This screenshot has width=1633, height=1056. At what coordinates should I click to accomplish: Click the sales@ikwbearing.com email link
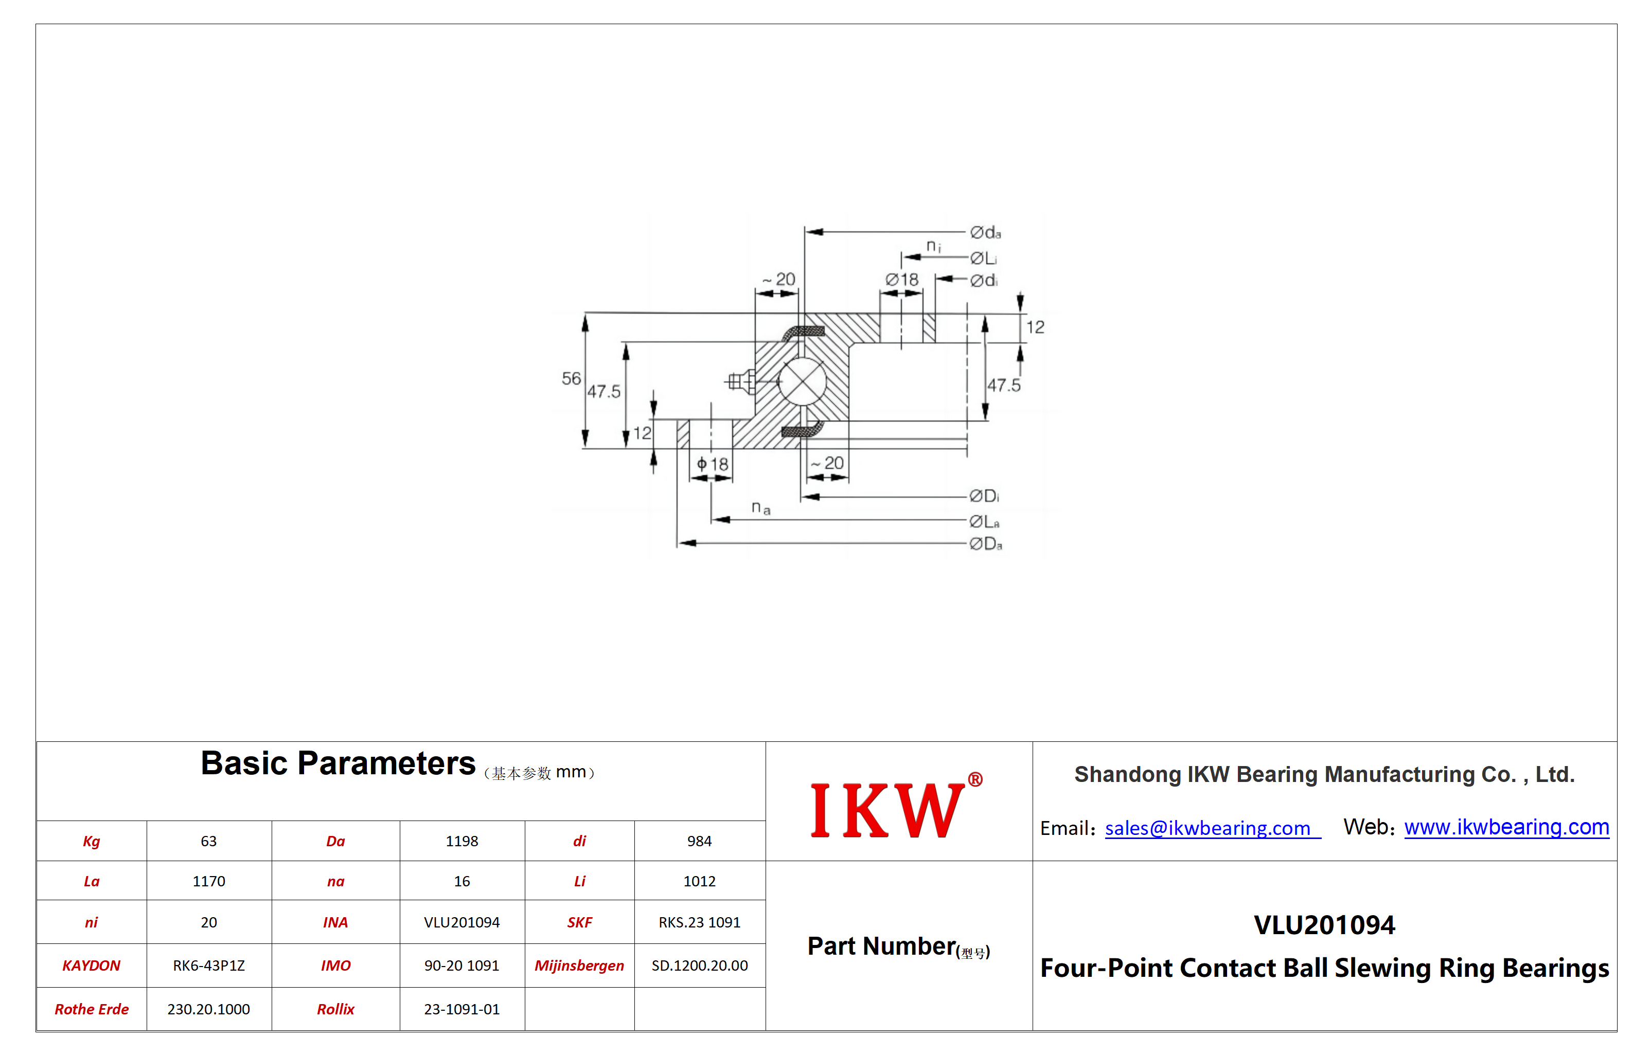click(1212, 828)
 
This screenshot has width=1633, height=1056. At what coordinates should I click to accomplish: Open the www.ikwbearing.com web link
click(1506, 827)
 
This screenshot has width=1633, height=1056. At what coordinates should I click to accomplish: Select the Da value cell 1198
click(462, 842)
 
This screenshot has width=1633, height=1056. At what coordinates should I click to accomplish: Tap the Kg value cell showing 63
click(208, 842)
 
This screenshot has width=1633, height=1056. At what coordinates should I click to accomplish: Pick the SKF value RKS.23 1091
click(699, 922)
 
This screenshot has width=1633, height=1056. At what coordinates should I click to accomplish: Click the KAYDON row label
click(91, 966)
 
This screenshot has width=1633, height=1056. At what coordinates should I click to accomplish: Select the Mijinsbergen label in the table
click(579, 966)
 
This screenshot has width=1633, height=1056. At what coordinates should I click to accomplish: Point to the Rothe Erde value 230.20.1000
click(208, 1009)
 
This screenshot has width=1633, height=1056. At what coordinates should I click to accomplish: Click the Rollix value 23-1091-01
click(462, 1009)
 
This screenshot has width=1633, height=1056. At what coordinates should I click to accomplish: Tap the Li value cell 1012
click(699, 881)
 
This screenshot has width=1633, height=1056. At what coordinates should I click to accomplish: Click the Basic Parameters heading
click(338, 763)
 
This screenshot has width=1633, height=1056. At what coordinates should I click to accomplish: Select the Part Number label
click(898, 946)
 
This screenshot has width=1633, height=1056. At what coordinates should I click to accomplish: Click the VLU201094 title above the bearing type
click(1324, 925)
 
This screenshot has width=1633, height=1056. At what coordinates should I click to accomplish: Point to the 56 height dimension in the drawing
click(571, 378)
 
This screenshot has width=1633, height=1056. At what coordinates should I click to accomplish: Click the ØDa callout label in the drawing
click(986, 544)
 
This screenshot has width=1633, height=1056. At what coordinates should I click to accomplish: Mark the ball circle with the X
click(802, 381)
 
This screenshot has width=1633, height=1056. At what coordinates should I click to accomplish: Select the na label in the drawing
click(761, 508)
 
